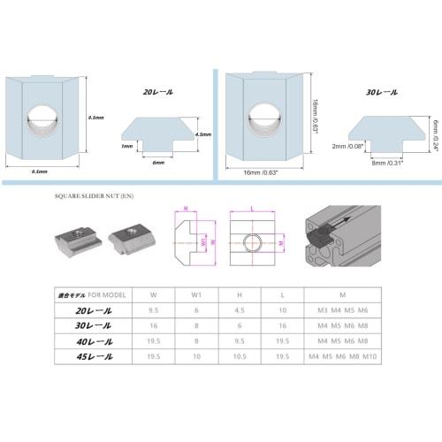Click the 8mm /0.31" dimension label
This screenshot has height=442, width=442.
pos(388,164)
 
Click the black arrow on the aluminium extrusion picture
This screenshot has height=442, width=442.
pos(340,223)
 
